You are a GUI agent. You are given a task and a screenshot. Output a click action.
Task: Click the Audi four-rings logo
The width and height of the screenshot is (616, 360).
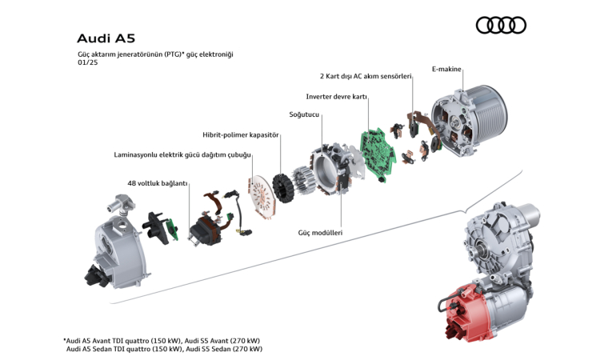[501, 26]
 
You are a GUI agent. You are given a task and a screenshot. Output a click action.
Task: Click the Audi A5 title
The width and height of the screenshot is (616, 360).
[105, 38]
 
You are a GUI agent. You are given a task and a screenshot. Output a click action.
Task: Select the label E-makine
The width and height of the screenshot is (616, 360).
[446, 70]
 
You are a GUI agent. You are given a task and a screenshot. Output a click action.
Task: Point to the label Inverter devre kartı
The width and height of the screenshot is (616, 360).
[336, 96]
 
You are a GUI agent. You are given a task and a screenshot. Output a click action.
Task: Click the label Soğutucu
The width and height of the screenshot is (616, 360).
[304, 115]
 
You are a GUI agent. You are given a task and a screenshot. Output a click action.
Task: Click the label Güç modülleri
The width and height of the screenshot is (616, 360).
[320, 232]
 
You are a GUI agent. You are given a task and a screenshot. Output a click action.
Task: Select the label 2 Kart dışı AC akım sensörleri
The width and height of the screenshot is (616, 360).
[366, 77]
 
